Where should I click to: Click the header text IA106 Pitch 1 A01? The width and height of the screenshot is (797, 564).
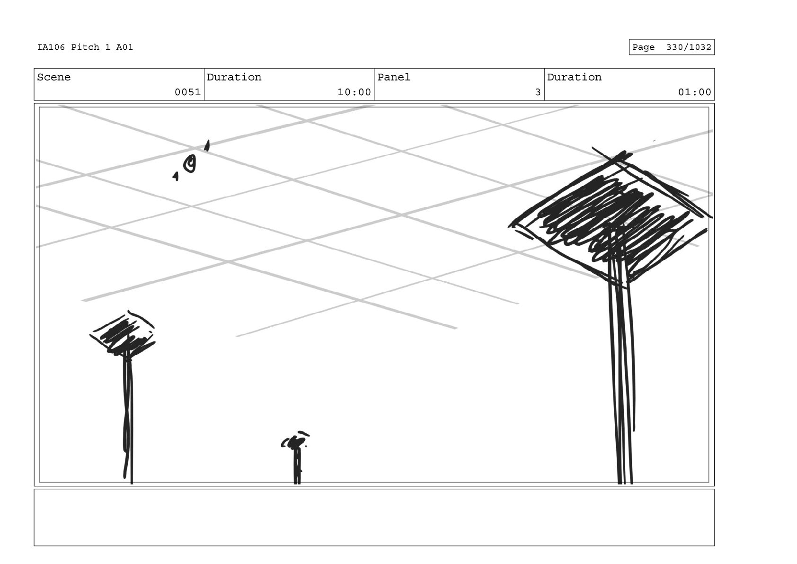[x=85, y=47]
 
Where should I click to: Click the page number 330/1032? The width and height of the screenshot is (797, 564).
[x=688, y=47]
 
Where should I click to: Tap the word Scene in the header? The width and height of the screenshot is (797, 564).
[x=53, y=77]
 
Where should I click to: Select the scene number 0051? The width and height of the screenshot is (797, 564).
[x=187, y=92]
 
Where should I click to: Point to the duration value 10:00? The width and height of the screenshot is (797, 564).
[x=354, y=92]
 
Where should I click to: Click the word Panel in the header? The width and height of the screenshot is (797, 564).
[x=394, y=77]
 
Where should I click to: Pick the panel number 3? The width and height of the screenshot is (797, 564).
[x=537, y=92]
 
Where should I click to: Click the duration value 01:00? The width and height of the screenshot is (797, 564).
[x=694, y=92]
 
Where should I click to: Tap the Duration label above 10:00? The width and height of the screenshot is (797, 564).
[x=234, y=77]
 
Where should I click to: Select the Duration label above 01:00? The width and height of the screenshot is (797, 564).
[x=574, y=77]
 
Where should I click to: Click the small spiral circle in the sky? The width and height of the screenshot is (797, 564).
[x=190, y=163]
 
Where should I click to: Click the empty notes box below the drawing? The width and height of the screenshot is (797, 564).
[x=374, y=517]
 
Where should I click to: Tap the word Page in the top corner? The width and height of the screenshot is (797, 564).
[x=643, y=47]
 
